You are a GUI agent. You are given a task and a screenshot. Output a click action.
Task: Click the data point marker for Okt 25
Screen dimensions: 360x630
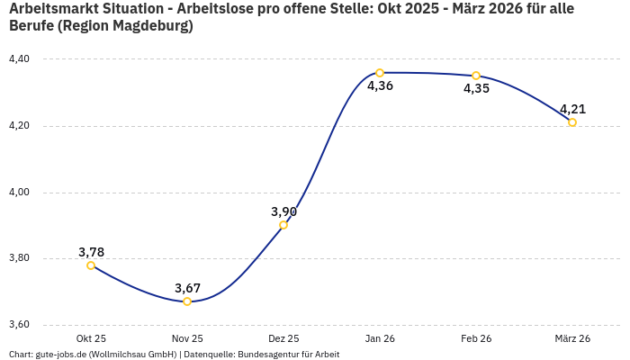pos(91,265)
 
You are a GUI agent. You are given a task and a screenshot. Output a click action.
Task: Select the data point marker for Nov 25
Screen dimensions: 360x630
pos(187,301)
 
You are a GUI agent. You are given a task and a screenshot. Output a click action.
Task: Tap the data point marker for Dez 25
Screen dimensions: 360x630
pos(283,225)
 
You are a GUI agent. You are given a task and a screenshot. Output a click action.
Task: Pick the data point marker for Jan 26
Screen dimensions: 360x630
pos(380,73)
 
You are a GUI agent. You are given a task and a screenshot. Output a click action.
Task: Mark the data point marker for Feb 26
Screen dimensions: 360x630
pos(476,76)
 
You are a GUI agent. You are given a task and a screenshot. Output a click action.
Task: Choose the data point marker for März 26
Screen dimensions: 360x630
pos(572,122)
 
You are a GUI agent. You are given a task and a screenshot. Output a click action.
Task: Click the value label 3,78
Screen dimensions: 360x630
pos(91,252)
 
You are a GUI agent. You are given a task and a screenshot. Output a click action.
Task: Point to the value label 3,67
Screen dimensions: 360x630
pos(187,288)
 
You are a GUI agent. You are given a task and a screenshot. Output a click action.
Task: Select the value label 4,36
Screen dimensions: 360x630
pos(380,86)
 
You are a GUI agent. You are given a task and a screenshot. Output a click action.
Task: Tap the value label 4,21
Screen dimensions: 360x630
pos(572,109)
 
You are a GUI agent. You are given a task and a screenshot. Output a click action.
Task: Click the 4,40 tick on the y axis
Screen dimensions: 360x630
pos(19,59)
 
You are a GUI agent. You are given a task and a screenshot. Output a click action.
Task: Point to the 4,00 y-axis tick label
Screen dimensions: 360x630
pos(19,193)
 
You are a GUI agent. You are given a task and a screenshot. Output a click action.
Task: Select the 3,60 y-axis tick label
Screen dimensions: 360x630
pos(19,325)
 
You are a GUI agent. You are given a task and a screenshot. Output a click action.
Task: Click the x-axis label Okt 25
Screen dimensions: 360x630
pos(91,338)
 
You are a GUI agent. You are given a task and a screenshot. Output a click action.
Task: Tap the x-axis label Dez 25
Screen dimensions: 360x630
pos(283,338)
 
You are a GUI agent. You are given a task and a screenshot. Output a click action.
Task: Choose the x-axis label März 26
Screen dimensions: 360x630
pos(572,338)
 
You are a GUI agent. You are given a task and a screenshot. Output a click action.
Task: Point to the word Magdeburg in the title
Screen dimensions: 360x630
pos(150,26)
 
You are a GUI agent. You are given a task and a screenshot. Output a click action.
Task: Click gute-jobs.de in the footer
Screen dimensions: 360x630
pos(64,355)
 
